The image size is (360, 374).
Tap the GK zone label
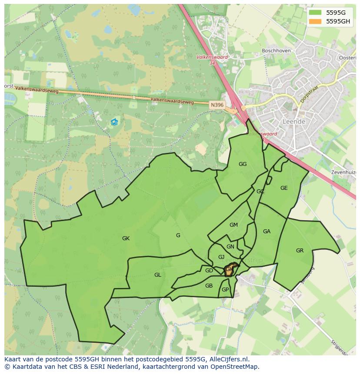(126, 238)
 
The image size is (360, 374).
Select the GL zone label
(157, 275)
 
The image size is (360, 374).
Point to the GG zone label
(243, 164)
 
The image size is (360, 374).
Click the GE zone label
(284, 188)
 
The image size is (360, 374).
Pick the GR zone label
(300, 251)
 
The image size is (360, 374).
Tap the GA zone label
(267, 232)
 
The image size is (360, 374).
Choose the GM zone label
(233, 225)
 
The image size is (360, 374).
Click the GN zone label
(230, 247)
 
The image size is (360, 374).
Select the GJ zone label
(221, 257)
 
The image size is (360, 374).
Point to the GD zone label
(209, 271)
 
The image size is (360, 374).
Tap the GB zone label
(209, 286)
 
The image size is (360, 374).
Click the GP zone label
(225, 290)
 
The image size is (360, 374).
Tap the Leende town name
(293, 122)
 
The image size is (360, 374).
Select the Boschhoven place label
(276, 51)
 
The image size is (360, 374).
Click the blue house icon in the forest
(114, 122)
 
